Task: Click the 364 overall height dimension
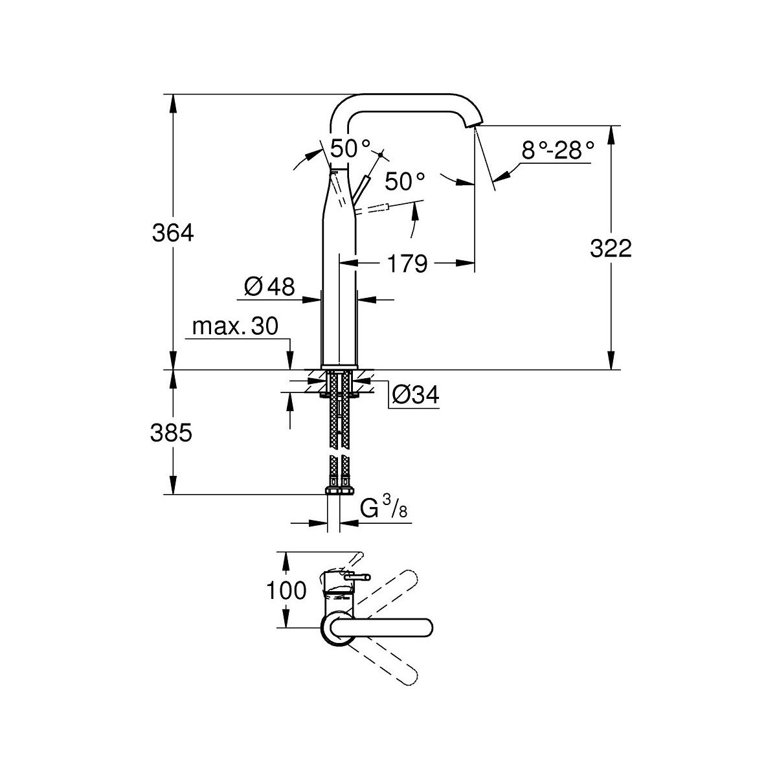point(173,232)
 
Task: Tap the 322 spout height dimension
point(611,248)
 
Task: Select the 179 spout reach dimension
point(408,264)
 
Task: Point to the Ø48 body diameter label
point(269,286)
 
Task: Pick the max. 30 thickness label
point(235,326)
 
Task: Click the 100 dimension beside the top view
point(285,590)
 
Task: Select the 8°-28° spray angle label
point(557,151)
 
